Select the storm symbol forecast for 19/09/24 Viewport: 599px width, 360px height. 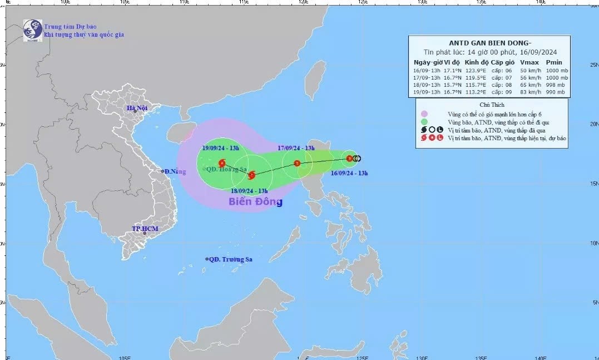click(222, 164)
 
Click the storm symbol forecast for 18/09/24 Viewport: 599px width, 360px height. click(251, 175)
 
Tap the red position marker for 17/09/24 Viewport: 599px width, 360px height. click(297, 164)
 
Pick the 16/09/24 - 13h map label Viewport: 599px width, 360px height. click(349, 173)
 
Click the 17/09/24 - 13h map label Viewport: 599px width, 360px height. click(296, 148)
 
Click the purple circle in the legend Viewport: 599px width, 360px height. click(424, 113)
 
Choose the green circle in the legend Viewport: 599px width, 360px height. click(424, 121)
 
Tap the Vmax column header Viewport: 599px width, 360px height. click(527, 62)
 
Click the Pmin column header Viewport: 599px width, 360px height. click(554, 62)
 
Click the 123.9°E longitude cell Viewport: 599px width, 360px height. click(476, 70)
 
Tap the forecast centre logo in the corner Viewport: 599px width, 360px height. click(32, 30)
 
